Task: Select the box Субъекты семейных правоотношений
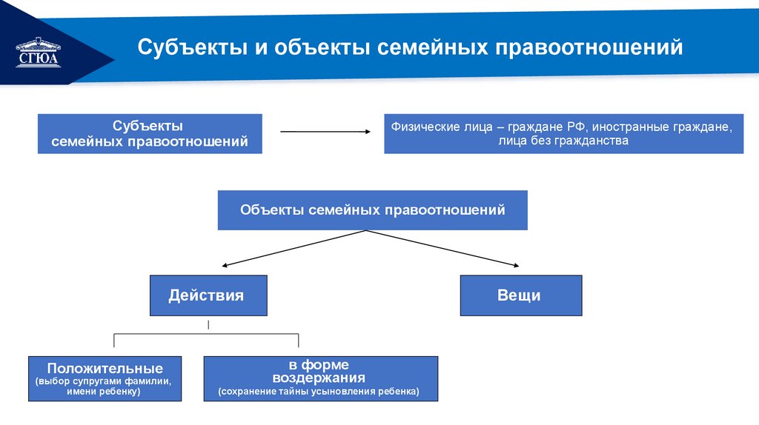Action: pyautogui.click(x=150, y=133)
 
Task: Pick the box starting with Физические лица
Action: pyautogui.click(x=563, y=133)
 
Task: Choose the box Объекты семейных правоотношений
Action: pyautogui.click(x=372, y=210)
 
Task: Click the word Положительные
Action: pyautogui.click(x=105, y=368)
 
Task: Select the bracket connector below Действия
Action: pyautogui.click(x=206, y=335)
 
